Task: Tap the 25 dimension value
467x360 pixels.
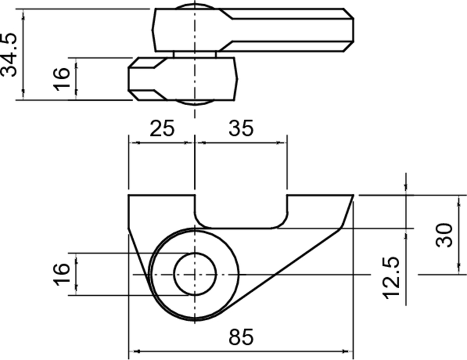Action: coord(161,128)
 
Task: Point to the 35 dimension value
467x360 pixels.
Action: coord(241,128)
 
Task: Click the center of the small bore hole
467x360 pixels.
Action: coord(194,274)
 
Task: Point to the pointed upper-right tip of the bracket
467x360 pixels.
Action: coord(353,197)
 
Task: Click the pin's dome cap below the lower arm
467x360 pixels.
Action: coord(194,102)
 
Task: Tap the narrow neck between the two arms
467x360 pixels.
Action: coord(194,54)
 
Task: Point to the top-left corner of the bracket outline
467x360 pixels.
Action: coord(129,196)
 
